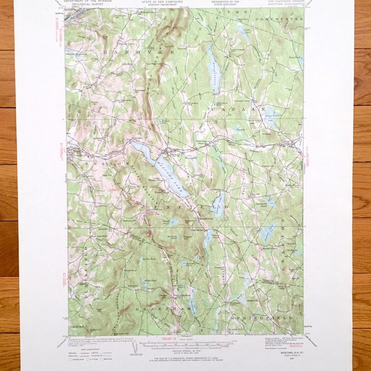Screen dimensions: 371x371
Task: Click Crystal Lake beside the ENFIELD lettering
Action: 218,205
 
